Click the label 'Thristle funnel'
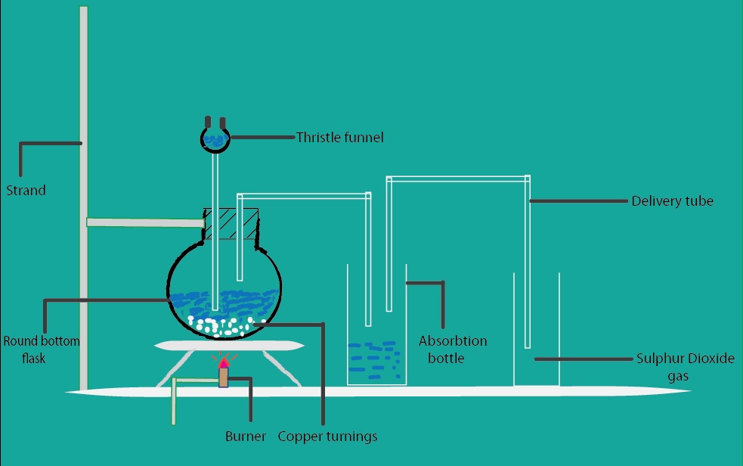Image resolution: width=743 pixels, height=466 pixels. coord(339,138)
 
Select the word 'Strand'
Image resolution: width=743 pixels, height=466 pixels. coord(26,191)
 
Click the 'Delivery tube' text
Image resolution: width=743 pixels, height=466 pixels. coord(672,201)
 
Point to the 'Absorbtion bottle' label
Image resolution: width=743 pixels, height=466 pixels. coord(453,349)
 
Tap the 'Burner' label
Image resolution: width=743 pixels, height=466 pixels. coord(246,436)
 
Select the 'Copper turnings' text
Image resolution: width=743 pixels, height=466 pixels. coord(327,436)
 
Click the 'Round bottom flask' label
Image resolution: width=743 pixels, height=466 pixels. coord(41,349)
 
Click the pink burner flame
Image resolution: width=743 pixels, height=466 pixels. coord(224,363)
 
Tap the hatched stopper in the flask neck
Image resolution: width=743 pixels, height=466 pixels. coord(231,225)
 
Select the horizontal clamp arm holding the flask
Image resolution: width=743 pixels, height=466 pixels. coord(144,222)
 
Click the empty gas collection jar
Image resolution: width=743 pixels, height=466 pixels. coord(537,333)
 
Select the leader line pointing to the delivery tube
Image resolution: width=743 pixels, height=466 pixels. coord(579,201)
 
